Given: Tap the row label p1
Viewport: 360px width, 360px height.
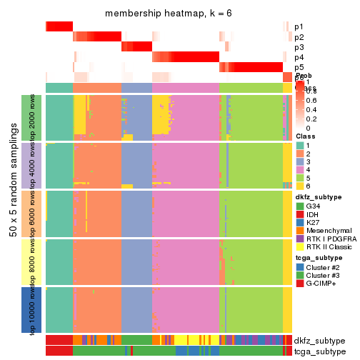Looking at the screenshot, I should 299,26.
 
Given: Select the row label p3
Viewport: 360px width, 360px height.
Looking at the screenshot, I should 299,47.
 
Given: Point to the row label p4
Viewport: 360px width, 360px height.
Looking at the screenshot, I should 299,57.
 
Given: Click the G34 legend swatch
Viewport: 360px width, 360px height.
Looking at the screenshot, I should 301,206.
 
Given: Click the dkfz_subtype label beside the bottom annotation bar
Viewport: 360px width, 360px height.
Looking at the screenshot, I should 319,341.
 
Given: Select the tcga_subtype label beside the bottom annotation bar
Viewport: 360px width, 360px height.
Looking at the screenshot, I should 319,351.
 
